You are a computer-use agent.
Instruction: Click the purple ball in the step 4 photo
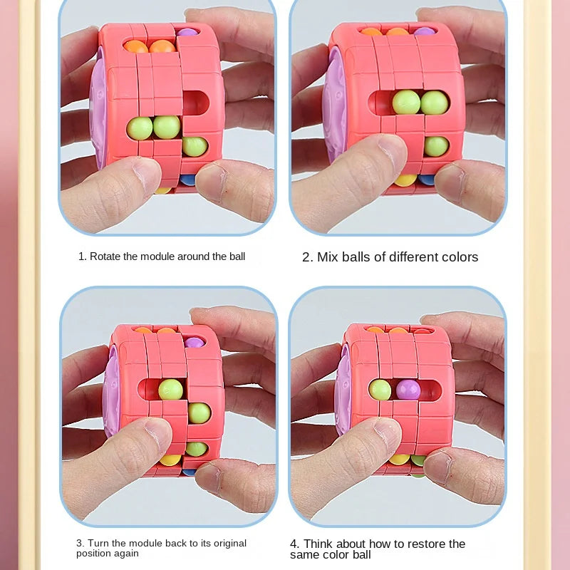[x=408, y=390]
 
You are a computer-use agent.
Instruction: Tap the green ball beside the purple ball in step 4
[x=380, y=389]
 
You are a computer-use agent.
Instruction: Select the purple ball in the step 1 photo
[x=187, y=32]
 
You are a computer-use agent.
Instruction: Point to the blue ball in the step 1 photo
[x=187, y=180]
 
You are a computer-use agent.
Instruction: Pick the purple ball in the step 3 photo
[x=194, y=342]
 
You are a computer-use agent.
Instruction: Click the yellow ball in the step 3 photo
[x=170, y=460]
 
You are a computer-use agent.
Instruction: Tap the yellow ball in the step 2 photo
[x=405, y=180]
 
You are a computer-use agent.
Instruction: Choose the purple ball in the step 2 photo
[x=424, y=31]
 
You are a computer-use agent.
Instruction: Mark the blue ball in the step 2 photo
[x=426, y=180]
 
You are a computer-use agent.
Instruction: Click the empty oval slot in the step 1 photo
[x=195, y=103]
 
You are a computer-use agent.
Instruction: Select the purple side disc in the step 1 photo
[x=98, y=108]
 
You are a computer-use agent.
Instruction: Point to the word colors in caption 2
[x=460, y=257]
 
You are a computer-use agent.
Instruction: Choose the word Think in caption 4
[x=318, y=544]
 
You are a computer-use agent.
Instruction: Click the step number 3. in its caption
[x=81, y=543]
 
